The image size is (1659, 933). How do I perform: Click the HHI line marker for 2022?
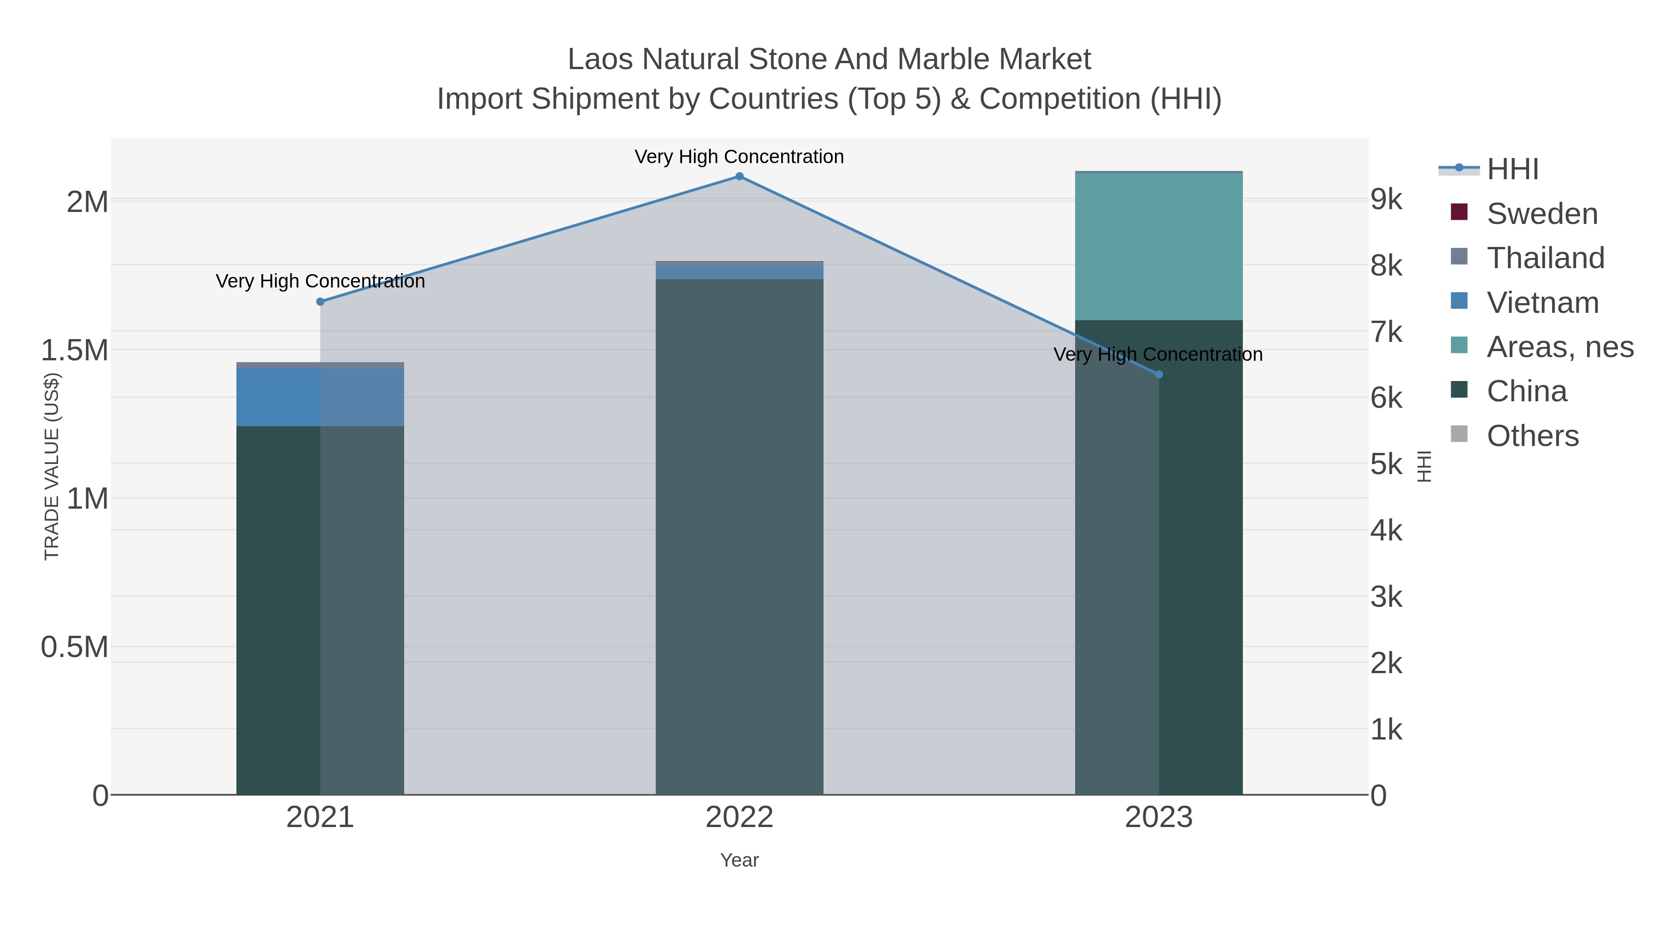point(739,176)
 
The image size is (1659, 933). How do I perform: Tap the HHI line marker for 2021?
point(320,301)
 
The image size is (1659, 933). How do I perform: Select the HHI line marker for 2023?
point(1159,374)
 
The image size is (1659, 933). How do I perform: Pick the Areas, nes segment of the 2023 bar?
point(1159,246)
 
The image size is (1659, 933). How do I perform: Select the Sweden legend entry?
point(1542,214)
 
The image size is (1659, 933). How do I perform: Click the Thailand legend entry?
point(1545,258)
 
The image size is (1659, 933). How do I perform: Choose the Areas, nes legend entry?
point(1559,347)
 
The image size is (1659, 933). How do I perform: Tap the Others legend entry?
point(1532,436)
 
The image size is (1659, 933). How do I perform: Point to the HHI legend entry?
point(1512,170)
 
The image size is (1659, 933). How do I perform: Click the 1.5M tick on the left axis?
point(75,351)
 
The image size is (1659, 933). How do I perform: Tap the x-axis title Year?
point(739,860)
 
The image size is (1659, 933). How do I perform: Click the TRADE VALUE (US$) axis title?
point(52,466)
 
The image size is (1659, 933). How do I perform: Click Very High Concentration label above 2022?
point(739,157)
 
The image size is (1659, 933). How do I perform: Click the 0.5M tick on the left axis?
point(75,647)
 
